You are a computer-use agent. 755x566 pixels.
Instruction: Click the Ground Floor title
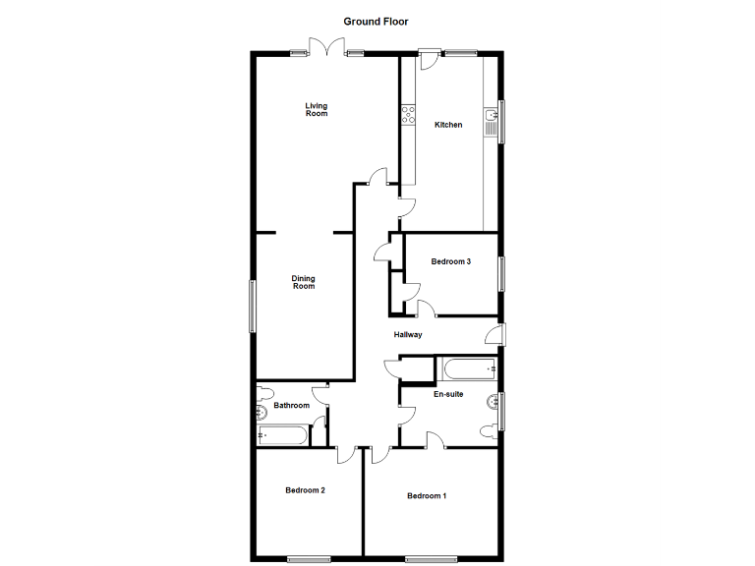(376, 21)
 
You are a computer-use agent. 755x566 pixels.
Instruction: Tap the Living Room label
(316, 110)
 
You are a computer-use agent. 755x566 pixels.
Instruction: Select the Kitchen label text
(448, 125)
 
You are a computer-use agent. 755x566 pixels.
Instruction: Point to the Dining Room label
(304, 283)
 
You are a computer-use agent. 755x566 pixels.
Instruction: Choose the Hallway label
(408, 335)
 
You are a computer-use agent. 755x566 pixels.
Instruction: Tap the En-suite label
(448, 395)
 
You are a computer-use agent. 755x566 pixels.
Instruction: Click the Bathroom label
(291, 406)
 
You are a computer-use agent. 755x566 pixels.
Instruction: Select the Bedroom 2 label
(305, 490)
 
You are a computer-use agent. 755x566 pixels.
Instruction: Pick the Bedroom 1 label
(427, 496)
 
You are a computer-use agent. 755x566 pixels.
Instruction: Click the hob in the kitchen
(406, 115)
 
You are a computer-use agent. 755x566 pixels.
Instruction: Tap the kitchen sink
(490, 122)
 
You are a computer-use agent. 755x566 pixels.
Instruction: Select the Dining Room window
(251, 306)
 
